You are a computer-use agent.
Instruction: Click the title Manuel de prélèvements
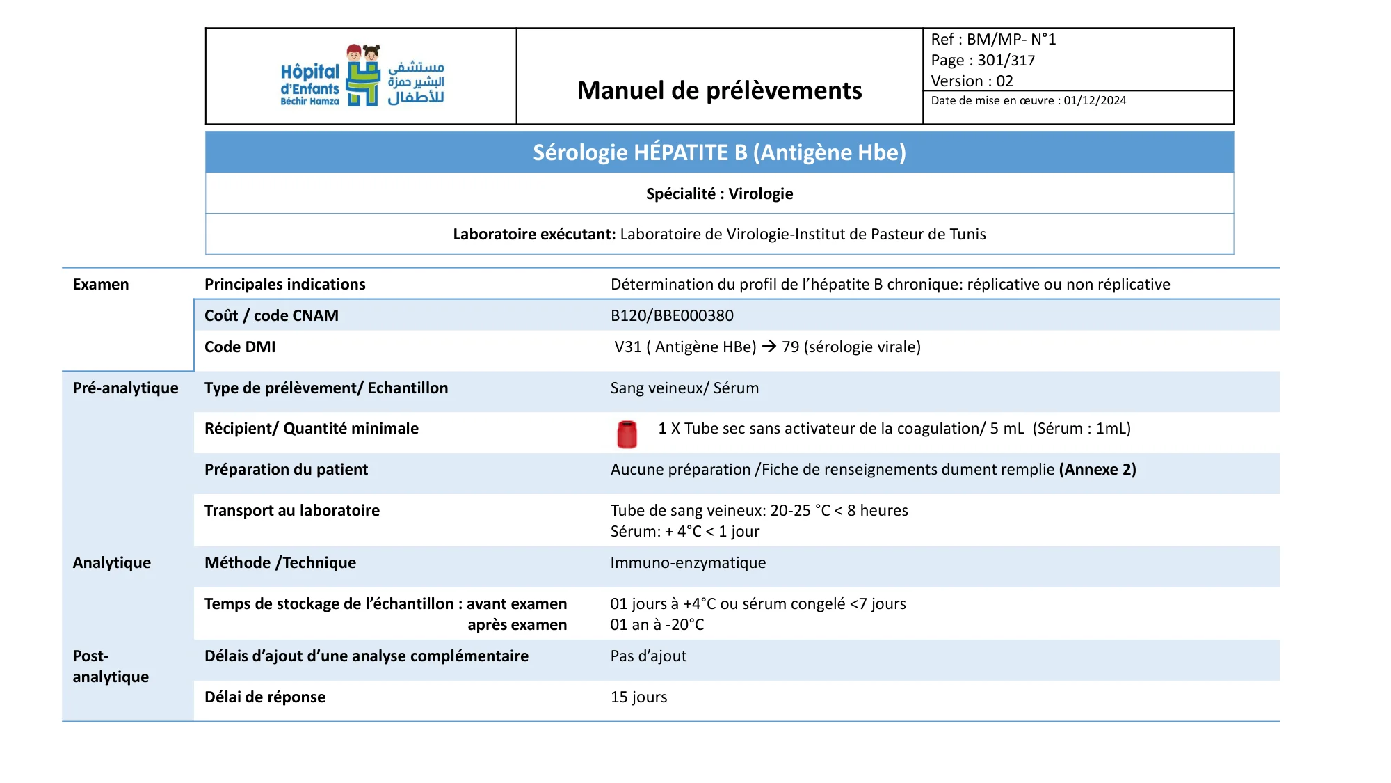point(719,90)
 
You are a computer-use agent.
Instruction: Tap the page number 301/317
point(1006,61)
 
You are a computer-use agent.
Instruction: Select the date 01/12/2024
point(1095,100)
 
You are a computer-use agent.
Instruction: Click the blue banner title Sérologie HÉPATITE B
point(719,152)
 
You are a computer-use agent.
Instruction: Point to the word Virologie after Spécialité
point(760,193)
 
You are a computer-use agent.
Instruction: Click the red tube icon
point(627,434)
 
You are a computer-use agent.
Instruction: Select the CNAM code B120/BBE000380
point(672,315)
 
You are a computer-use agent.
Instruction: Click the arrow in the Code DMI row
point(769,346)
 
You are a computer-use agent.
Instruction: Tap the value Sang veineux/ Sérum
point(684,388)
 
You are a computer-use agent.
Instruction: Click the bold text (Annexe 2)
point(1097,469)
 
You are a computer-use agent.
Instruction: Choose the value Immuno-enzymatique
point(688,562)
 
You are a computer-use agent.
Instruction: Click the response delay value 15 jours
point(638,697)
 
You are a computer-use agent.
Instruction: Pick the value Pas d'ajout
point(648,656)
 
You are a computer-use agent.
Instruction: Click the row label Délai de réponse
point(265,697)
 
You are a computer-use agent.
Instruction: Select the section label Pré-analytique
point(125,388)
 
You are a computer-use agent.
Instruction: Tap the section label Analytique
point(111,562)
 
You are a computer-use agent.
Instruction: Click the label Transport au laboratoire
point(292,510)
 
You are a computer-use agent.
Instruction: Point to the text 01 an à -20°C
point(657,624)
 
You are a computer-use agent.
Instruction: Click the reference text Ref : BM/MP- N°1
point(993,40)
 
